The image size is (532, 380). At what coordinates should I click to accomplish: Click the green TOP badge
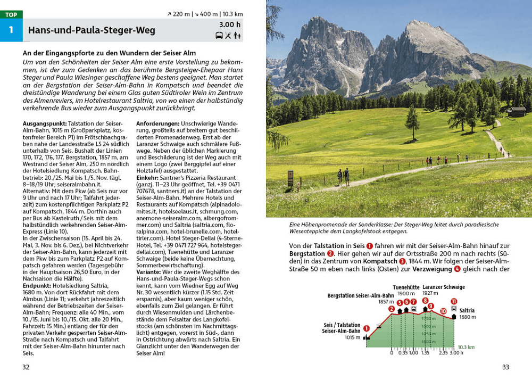tap(11, 14)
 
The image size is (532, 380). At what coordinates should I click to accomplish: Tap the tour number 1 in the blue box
tap(11, 30)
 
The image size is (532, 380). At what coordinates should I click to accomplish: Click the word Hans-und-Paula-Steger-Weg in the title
tap(92, 30)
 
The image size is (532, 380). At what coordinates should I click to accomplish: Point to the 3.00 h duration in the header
tap(230, 24)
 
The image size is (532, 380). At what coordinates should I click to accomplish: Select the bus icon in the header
tap(219, 36)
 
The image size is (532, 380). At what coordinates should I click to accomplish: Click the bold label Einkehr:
tap(148, 178)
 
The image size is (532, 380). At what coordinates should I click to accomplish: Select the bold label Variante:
tap(149, 272)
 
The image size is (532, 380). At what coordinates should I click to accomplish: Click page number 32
tap(26, 367)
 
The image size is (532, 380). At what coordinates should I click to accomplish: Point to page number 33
tap(505, 367)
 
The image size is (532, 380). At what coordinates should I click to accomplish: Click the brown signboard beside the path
tap(290, 177)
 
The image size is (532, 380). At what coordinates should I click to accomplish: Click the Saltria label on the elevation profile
tap(467, 311)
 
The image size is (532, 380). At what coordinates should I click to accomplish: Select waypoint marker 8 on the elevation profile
tap(425, 301)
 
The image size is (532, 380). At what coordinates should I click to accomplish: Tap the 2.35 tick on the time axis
tap(443, 352)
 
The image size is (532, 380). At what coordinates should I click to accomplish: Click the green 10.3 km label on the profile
tap(466, 346)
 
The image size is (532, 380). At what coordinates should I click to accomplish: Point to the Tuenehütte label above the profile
tap(405, 287)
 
